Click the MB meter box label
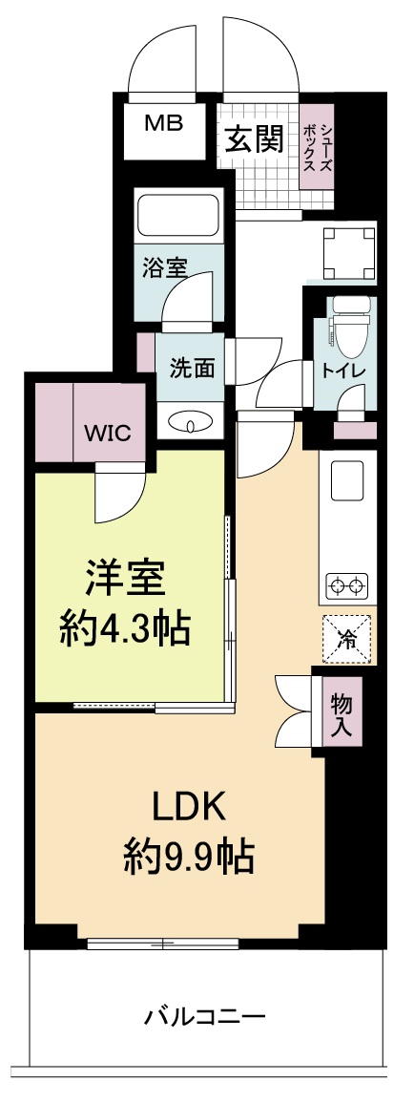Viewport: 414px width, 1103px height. (164, 122)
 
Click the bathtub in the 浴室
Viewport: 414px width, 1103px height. (178, 214)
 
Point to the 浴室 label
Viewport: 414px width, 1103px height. (165, 268)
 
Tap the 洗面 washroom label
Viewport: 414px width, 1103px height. (192, 367)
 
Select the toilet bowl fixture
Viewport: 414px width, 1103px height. (345, 325)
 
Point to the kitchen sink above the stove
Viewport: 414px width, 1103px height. (349, 483)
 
